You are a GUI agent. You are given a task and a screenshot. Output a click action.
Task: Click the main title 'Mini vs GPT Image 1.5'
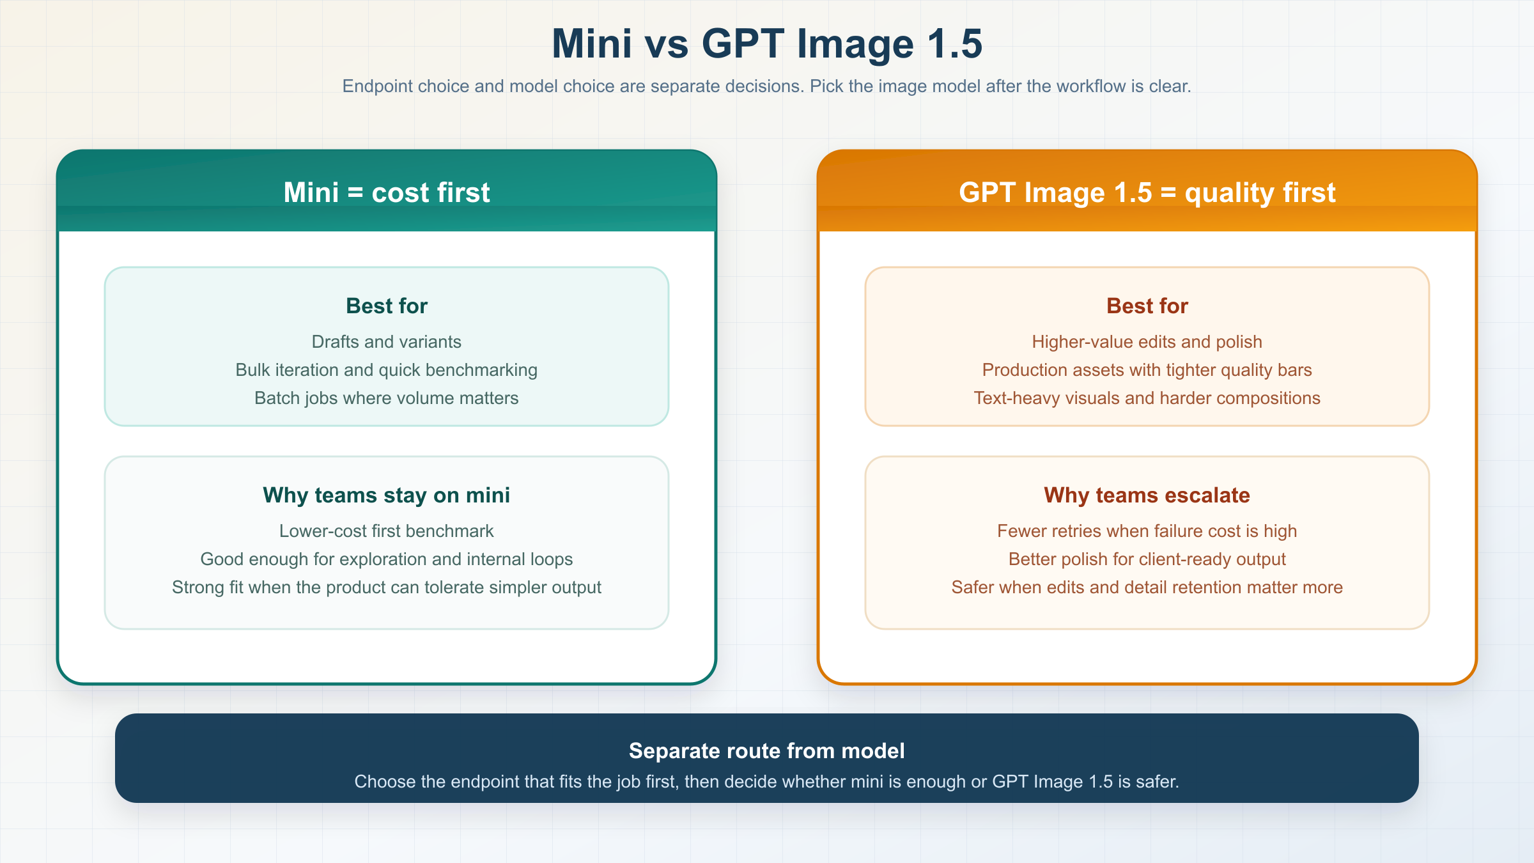point(767,44)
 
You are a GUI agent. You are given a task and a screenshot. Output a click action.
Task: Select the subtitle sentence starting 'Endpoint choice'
point(767,86)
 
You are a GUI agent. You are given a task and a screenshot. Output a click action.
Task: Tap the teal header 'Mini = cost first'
point(387,192)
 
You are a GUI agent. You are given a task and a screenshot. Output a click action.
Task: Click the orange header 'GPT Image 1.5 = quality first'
point(1147,192)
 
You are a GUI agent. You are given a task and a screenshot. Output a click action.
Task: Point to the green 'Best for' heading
point(387,306)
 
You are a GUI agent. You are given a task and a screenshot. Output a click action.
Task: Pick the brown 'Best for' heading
point(1147,306)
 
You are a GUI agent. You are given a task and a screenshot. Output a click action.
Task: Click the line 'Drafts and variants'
point(387,342)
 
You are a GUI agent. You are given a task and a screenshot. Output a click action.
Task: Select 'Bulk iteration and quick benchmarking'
point(387,370)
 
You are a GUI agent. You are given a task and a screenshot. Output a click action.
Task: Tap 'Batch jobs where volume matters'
point(387,398)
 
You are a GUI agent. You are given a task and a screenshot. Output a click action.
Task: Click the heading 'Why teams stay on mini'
point(387,495)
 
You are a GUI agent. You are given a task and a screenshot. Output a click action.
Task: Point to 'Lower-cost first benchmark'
point(387,531)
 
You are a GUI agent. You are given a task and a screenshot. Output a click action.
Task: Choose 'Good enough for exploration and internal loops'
point(387,559)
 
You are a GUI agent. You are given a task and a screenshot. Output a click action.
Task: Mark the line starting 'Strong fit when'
point(387,587)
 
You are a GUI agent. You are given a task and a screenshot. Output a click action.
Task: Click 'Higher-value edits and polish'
point(1147,342)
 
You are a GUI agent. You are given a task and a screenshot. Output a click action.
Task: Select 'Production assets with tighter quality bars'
point(1147,370)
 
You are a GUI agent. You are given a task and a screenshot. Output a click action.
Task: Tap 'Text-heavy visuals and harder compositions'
point(1147,398)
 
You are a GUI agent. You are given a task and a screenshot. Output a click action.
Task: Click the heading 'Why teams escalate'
point(1147,495)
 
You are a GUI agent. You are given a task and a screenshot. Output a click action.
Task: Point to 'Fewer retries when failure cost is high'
point(1147,531)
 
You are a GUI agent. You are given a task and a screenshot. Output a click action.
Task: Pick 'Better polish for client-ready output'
point(1147,559)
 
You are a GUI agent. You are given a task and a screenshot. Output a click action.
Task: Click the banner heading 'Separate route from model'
point(767,750)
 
